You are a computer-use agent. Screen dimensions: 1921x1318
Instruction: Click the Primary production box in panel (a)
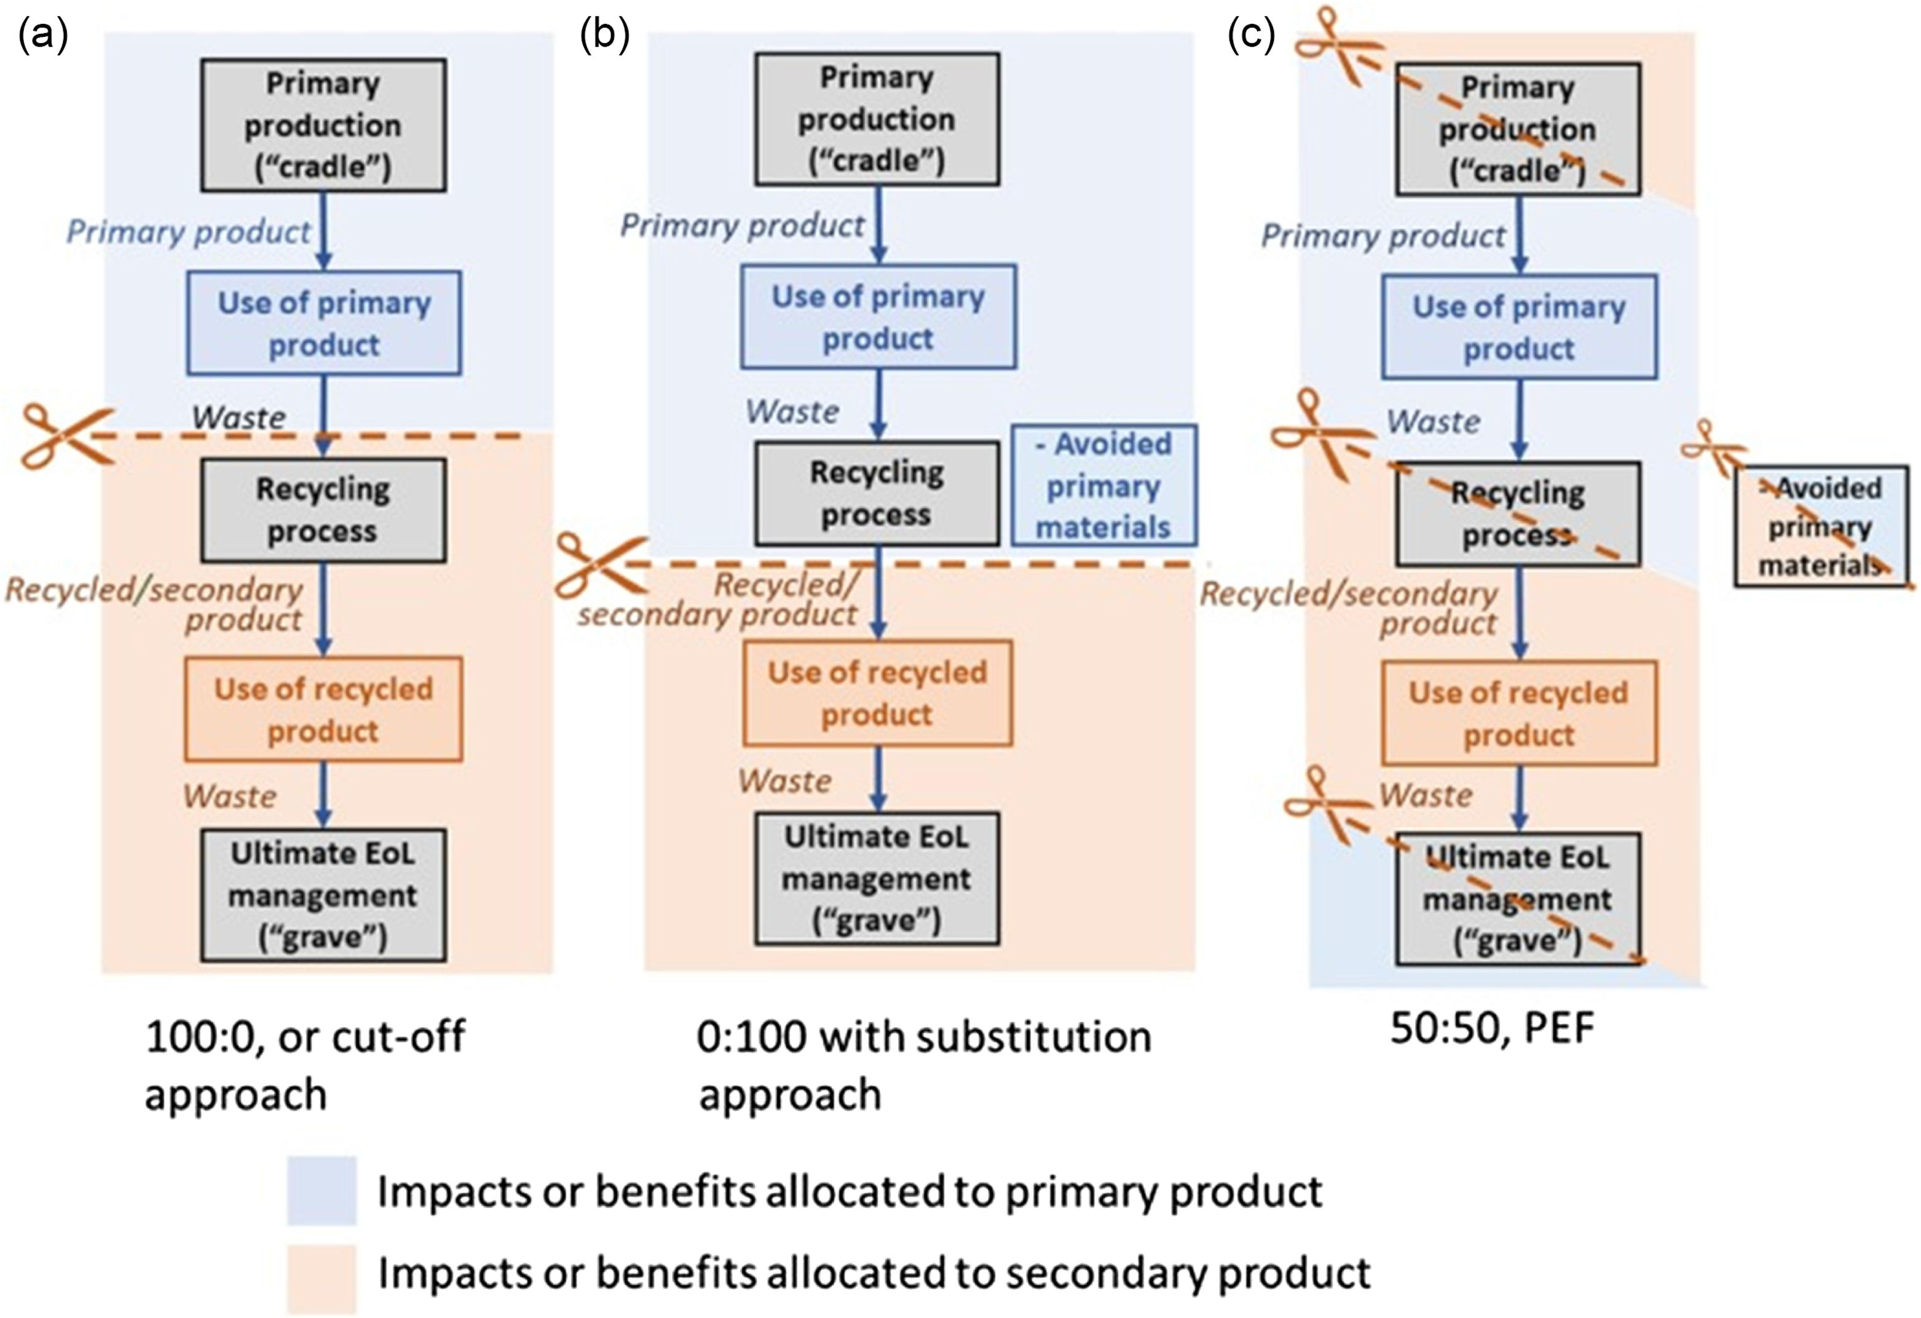tap(323, 125)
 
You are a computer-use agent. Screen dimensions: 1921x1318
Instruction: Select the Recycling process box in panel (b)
tap(877, 494)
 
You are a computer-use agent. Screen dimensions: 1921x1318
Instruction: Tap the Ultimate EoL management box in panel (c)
tap(1518, 899)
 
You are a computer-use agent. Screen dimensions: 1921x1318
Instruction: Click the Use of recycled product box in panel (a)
tap(323, 710)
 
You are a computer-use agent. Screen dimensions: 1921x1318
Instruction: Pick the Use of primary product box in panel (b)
tap(878, 317)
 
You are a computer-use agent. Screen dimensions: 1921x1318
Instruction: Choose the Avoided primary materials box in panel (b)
tap(1104, 485)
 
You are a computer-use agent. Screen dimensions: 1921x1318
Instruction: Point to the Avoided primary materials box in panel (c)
tap(1821, 526)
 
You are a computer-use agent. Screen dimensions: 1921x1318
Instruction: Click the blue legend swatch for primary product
tap(321, 1191)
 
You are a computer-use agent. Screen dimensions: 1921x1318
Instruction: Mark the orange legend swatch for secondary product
tap(321, 1278)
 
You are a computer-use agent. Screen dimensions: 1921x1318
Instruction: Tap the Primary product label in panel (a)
tap(189, 231)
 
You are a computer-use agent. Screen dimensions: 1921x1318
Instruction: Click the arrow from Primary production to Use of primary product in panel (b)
tap(878, 224)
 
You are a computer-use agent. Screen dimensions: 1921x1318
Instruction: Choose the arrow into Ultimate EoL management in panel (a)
tap(323, 795)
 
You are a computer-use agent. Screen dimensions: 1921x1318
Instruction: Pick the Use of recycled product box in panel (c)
tap(1518, 713)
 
